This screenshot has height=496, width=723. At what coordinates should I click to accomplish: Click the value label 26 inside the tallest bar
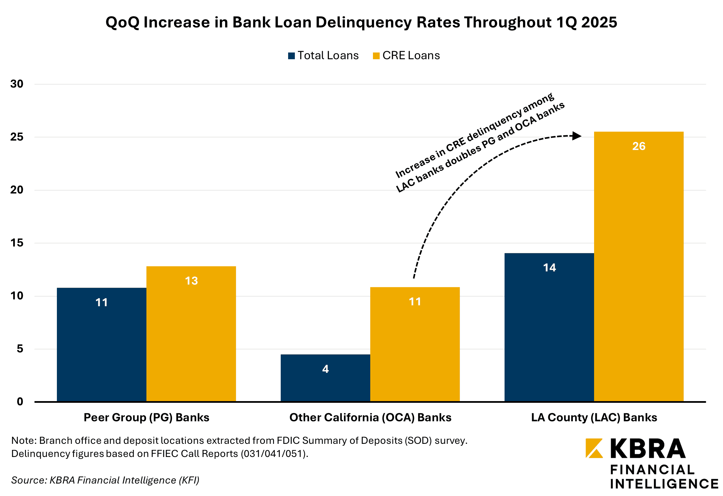639,146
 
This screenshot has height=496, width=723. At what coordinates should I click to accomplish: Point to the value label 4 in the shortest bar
325,369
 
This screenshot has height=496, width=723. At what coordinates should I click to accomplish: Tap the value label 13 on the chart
191,281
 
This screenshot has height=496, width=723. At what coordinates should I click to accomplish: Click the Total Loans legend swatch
291,56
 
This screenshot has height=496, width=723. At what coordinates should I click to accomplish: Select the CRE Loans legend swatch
376,56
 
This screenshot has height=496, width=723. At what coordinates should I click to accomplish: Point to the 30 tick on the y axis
17,84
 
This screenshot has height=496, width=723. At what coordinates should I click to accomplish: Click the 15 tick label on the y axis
17,243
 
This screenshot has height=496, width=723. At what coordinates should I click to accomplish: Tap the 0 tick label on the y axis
20,401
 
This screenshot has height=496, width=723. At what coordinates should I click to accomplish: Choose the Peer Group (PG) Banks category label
146,417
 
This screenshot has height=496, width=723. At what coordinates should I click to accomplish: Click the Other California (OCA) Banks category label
370,417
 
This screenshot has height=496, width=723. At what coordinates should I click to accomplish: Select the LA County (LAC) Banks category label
594,417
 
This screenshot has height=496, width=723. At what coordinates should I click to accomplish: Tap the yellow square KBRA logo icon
594,448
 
